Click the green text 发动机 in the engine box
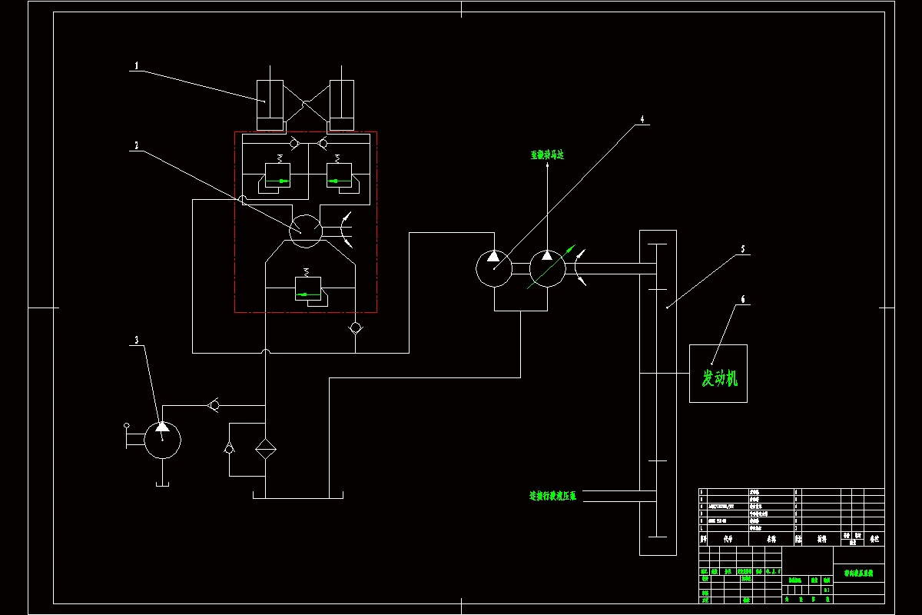click(x=719, y=377)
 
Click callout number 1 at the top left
click(x=137, y=66)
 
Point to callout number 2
click(x=136, y=145)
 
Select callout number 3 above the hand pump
click(x=137, y=339)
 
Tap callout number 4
click(x=643, y=120)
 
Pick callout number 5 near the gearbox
click(x=742, y=249)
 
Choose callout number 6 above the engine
click(x=742, y=299)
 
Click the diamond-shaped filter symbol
click(x=265, y=448)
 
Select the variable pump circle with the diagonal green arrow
click(x=547, y=268)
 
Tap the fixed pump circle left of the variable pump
click(x=493, y=268)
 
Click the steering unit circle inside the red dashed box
click(x=306, y=229)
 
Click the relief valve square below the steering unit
click(x=308, y=288)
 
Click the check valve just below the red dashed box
click(x=355, y=328)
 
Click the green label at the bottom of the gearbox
click(x=552, y=497)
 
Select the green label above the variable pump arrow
click(x=547, y=155)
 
